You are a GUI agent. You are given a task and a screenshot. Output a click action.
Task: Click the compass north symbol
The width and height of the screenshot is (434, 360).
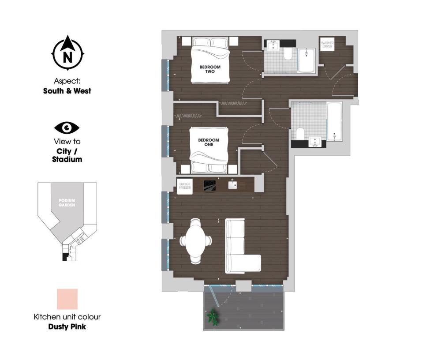tap(67, 54)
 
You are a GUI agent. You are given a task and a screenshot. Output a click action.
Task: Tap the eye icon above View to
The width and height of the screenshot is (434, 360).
tap(67, 128)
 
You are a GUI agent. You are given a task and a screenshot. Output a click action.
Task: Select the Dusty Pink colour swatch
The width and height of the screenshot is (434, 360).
tap(67, 299)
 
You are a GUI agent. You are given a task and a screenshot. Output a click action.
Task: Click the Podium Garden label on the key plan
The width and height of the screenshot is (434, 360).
tap(67, 203)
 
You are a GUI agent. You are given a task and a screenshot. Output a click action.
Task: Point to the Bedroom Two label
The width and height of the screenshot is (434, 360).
tap(210, 69)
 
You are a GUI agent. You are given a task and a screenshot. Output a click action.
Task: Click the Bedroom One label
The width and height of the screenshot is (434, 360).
tap(209, 142)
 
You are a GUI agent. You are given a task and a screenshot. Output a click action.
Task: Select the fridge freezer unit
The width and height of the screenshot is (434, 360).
tap(184, 185)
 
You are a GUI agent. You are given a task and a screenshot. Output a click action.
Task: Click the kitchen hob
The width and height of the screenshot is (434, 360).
tap(210, 185)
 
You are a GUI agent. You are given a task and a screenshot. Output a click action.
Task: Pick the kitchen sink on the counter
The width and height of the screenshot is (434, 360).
tap(232, 184)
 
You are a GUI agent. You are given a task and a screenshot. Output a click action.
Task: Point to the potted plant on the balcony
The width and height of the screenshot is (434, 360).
tap(213, 316)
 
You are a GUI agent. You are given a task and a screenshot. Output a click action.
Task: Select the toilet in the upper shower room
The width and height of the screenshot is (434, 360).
tap(288, 54)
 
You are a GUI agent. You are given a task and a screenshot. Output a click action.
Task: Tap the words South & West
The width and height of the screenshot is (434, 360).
tap(67, 91)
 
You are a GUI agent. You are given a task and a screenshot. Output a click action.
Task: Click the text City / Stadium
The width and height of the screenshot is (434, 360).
tap(67, 155)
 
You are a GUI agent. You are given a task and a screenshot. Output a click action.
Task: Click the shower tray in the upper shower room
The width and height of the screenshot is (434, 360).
tap(306, 60)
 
